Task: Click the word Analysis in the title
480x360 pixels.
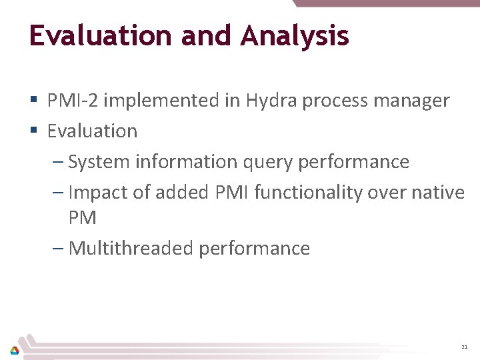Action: tap(295, 36)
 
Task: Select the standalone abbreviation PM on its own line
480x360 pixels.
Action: tap(83, 218)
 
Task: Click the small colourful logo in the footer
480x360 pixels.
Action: tap(15, 350)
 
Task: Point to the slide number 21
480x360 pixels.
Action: tap(464, 347)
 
